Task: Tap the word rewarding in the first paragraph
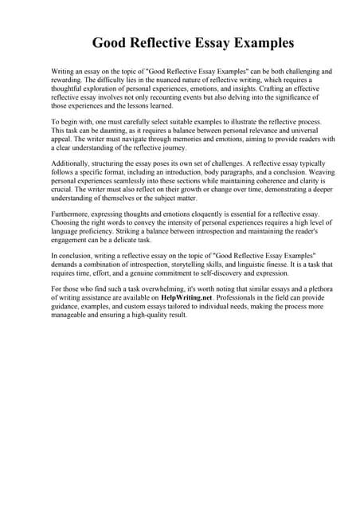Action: click(68, 80)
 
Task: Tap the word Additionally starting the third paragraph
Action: click(73, 163)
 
